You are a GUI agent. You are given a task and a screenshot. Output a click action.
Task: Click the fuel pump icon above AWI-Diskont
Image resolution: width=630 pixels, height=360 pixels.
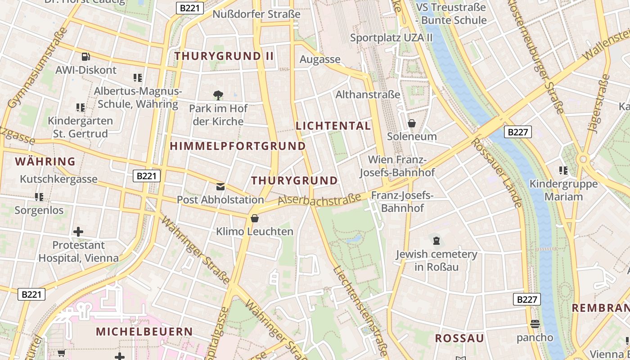tap(85, 57)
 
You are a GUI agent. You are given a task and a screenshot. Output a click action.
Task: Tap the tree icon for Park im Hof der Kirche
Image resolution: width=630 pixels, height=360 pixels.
tap(218, 95)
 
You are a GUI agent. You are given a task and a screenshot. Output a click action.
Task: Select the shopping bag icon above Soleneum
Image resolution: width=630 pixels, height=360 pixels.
tap(411, 123)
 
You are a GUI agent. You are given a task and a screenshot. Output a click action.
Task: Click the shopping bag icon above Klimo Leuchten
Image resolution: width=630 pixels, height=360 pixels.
tap(255, 218)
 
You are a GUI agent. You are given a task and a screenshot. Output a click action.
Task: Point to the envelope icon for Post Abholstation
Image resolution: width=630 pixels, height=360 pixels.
tap(220, 186)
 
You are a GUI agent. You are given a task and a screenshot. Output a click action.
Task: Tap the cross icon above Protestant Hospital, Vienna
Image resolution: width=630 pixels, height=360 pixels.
tap(78, 232)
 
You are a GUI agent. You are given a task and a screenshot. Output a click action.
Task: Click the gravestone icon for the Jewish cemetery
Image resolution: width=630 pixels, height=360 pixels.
tap(436, 241)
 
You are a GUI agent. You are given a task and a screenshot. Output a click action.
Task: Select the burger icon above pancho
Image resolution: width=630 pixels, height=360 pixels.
tap(535, 324)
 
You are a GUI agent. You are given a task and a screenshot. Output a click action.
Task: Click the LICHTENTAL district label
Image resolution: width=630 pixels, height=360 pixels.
tap(333, 126)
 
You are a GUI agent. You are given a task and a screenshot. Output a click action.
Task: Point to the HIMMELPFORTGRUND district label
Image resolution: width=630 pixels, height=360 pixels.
tap(238, 146)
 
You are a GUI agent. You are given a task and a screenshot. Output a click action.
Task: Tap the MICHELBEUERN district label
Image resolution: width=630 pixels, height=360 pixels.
tap(144, 332)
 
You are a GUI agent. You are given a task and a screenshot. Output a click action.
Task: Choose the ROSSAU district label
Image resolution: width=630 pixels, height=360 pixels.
tap(459, 338)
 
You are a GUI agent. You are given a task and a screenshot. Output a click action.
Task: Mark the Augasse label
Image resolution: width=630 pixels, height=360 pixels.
tap(320, 59)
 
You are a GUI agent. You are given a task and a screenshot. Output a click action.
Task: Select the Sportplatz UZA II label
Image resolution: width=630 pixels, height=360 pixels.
tap(391, 38)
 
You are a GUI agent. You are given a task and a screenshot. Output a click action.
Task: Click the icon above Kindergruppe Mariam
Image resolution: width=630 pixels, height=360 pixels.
tap(563, 171)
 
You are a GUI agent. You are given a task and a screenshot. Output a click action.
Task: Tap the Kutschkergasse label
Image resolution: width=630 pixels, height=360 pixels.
tap(58, 179)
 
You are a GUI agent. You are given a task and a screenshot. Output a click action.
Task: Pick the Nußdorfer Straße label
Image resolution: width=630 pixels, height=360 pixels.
tap(256, 14)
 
